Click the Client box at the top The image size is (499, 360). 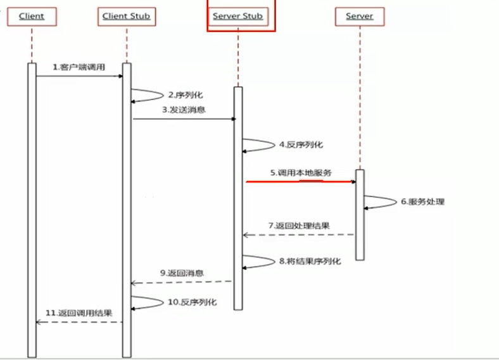coord(32,16)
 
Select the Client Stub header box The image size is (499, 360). coord(127,16)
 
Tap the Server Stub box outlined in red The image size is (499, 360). coord(238,16)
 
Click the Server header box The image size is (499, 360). coord(359,16)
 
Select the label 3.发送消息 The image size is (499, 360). coord(184,110)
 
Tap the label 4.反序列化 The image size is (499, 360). coord(301,145)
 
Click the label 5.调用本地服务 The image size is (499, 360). coord(301,172)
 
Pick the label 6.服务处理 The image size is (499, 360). coord(422,202)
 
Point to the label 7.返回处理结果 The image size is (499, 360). coord(298,226)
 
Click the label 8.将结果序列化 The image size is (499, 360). coord(310,260)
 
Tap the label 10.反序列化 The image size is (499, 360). coord(192,302)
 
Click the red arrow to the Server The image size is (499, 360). coord(301,182)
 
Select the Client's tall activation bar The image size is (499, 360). coord(32,209)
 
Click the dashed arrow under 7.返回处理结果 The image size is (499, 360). coord(299,235)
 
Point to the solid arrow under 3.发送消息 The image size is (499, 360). coord(184,119)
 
